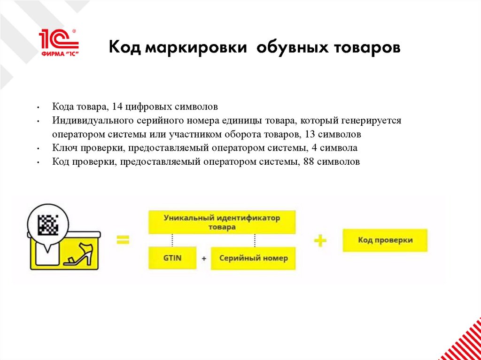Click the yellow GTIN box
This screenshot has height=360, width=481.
pos(172,258)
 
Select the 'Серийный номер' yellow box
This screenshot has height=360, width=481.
pos(254,258)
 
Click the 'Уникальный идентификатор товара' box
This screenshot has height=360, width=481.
pos(222,222)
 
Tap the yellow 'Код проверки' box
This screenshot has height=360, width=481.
pos(385,240)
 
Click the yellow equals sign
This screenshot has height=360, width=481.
pos(123,240)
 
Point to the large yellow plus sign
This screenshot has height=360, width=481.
pos(320,240)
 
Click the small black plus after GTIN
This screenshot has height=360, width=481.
pos(204,258)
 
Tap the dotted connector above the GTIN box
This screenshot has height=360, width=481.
pos(172,240)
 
